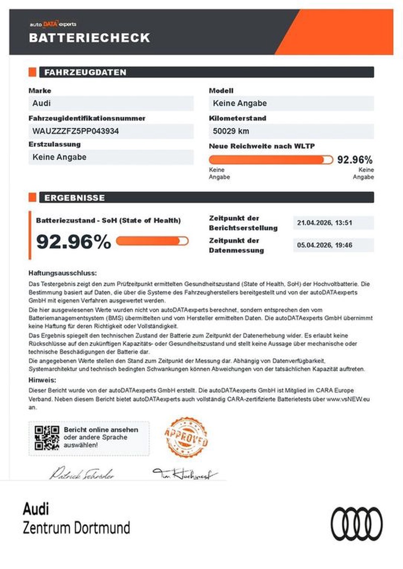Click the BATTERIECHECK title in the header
89,37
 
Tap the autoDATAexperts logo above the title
52,24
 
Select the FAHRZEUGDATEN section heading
85,72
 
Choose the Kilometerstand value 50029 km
231,131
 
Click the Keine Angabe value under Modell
240,104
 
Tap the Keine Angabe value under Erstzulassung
59,157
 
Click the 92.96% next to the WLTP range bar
355,160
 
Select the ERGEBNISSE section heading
75,198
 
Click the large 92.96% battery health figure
74,242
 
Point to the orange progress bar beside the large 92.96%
152,241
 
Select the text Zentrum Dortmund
77,528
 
